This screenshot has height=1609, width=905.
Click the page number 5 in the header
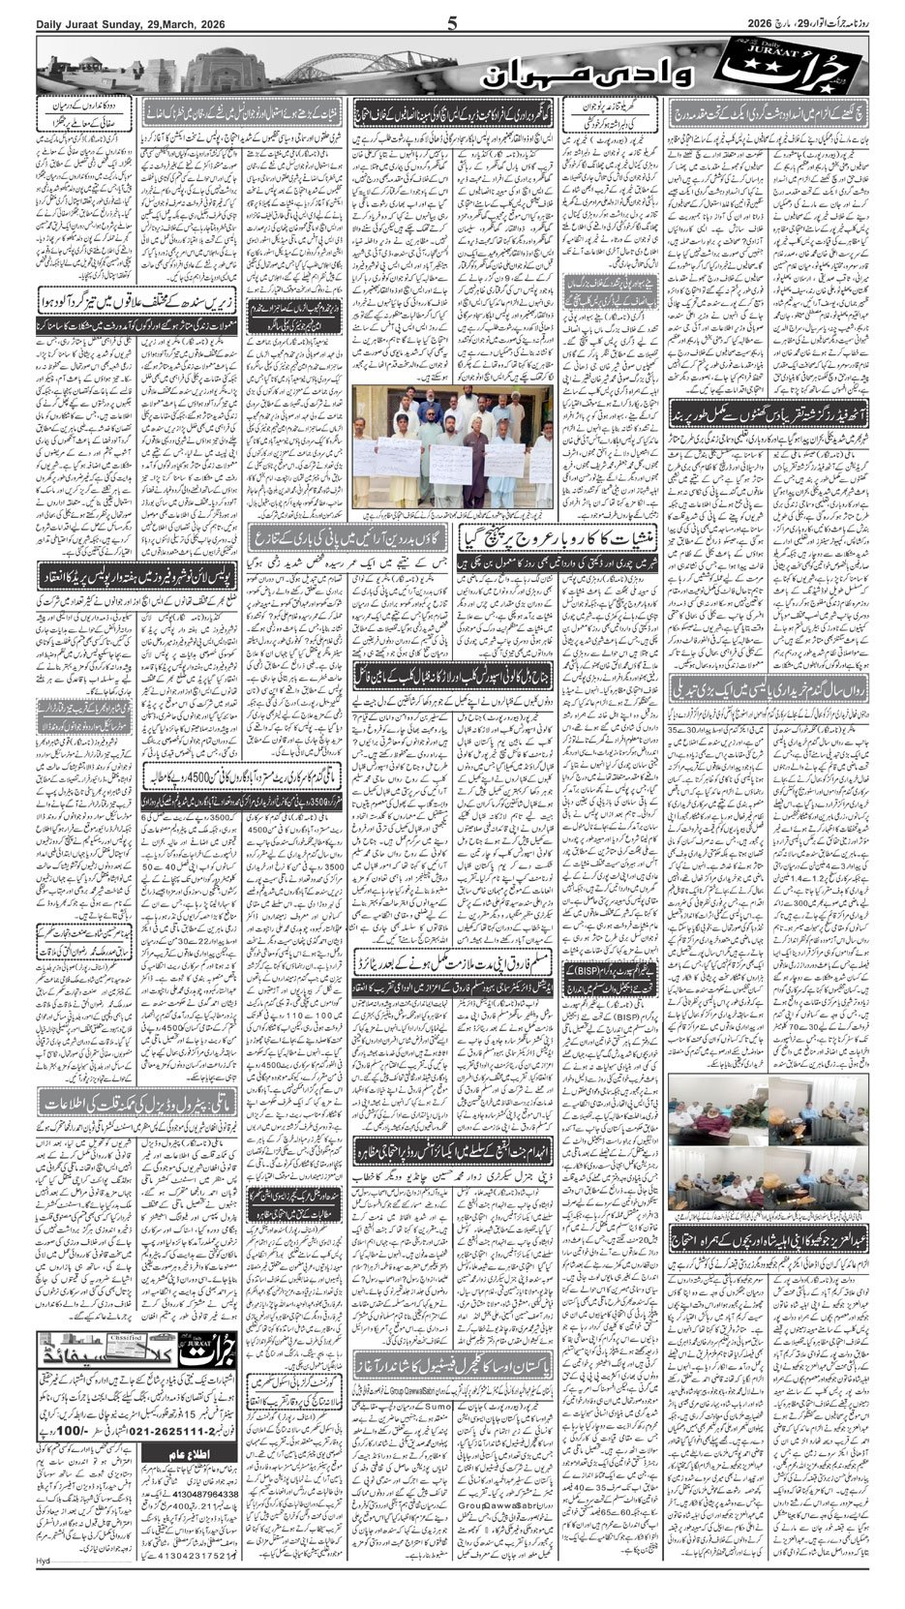[x=452, y=24]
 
